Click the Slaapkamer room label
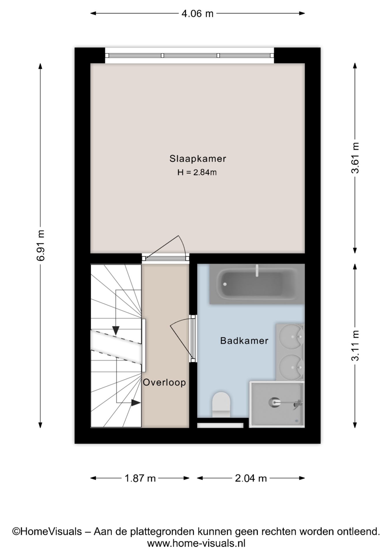pyautogui.click(x=197, y=159)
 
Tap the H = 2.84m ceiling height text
pyautogui.click(x=197, y=173)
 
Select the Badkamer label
pyautogui.click(x=244, y=341)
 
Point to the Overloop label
pyautogui.click(x=164, y=383)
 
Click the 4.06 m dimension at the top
pyautogui.click(x=197, y=13)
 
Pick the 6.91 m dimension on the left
pyautogui.click(x=41, y=246)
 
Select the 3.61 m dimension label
pyautogui.click(x=355, y=158)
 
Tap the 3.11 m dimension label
pyautogui.click(x=355, y=346)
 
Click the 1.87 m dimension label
pyautogui.click(x=140, y=478)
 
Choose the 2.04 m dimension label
pyautogui.click(x=251, y=478)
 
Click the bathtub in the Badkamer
pyautogui.click(x=257, y=284)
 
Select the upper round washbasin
pyautogui.click(x=290, y=336)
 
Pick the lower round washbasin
pyautogui.click(x=290, y=367)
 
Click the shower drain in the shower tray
pyautogui.click(x=274, y=402)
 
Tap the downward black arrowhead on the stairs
pyautogui.click(x=116, y=331)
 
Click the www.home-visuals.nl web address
pyautogui.click(x=196, y=543)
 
